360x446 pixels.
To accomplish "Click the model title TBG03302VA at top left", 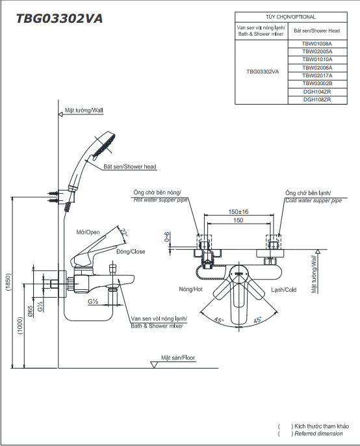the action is [x=59, y=18].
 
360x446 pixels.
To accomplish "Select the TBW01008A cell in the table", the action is [x=317, y=44].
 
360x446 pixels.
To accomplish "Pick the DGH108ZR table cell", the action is [x=317, y=100].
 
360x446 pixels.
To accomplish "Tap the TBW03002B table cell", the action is [x=317, y=84].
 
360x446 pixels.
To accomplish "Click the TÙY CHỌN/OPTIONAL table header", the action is [x=290, y=17].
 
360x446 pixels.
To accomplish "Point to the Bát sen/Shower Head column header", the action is [x=316, y=31].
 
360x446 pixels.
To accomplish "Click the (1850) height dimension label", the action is [x=8, y=282].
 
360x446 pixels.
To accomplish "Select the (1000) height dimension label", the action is [x=20, y=325].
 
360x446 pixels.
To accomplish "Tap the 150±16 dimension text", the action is [x=238, y=212].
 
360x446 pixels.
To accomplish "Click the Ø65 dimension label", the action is [x=30, y=311].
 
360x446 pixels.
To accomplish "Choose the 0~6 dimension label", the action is [x=167, y=237].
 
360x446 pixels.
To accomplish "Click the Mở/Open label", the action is [x=88, y=232].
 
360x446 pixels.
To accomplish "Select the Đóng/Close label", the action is [x=131, y=252].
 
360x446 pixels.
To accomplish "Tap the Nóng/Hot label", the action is [x=191, y=289].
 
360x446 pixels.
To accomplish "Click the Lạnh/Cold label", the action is [x=284, y=290].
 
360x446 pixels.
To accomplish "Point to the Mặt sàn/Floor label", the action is [x=178, y=358].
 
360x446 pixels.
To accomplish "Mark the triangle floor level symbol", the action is [x=154, y=365].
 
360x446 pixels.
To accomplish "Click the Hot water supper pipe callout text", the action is [x=161, y=200].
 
